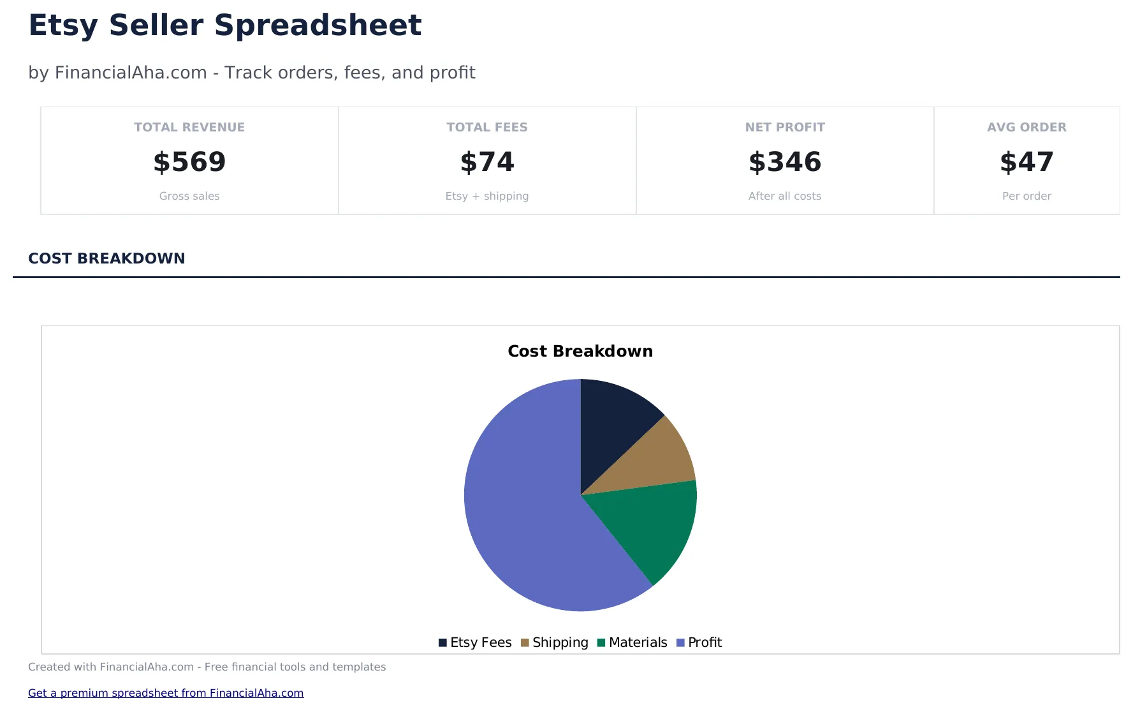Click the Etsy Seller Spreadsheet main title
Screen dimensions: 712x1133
(224, 26)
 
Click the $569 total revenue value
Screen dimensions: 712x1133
(189, 162)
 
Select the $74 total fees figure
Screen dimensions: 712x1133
(487, 162)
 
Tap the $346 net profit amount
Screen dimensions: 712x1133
(785, 162)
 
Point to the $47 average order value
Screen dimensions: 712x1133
(1027, 162)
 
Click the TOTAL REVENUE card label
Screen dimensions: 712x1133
(189, 127)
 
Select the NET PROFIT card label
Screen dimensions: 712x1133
(785, 127)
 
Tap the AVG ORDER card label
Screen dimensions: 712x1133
(1027, 127)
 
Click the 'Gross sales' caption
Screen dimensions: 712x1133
(189, 196)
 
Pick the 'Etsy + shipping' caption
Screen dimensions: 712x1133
(487, 196)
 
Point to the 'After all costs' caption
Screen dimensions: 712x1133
(785, 196)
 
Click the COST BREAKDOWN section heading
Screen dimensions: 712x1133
(106, 258)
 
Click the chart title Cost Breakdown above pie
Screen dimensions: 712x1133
(580, 351)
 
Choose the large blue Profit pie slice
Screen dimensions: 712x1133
(523, 510)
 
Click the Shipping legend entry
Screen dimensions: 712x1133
(555, 642)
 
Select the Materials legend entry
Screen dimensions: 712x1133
(632, 642)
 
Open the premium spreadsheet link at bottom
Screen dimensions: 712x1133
(166, 693)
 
